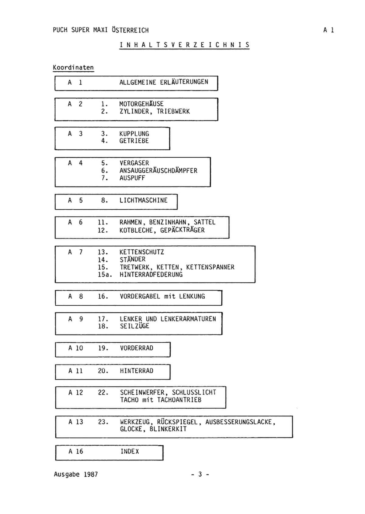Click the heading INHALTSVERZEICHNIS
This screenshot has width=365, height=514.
coord(184,45)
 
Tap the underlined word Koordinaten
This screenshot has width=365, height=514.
coord(73,67)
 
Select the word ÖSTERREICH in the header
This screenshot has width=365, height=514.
coord(130,30)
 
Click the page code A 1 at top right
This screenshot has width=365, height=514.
coord(328,30)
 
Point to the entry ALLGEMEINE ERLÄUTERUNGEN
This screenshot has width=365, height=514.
coord(164,82)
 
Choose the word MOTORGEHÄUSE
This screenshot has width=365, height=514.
coord(141,104)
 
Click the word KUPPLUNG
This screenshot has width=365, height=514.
coord(134,134)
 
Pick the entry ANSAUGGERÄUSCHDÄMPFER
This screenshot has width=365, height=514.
coord(158,170)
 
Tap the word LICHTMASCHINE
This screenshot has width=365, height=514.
coord(143,200)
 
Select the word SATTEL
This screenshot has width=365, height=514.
coord(204,222)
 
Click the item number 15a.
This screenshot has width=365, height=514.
coord(105,274)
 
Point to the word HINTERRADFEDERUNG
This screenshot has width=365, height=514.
coord(151,274)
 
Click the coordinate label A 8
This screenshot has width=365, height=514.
coord(75,296)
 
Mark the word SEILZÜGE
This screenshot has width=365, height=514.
coord(134,326)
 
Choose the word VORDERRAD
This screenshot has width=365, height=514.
coord(137,348)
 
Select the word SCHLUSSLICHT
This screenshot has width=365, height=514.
coord(194,392)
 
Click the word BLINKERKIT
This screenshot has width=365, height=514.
coord(168,429)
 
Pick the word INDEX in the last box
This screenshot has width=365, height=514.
coord(130,452)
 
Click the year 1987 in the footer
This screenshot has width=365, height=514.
coord(91,474)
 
